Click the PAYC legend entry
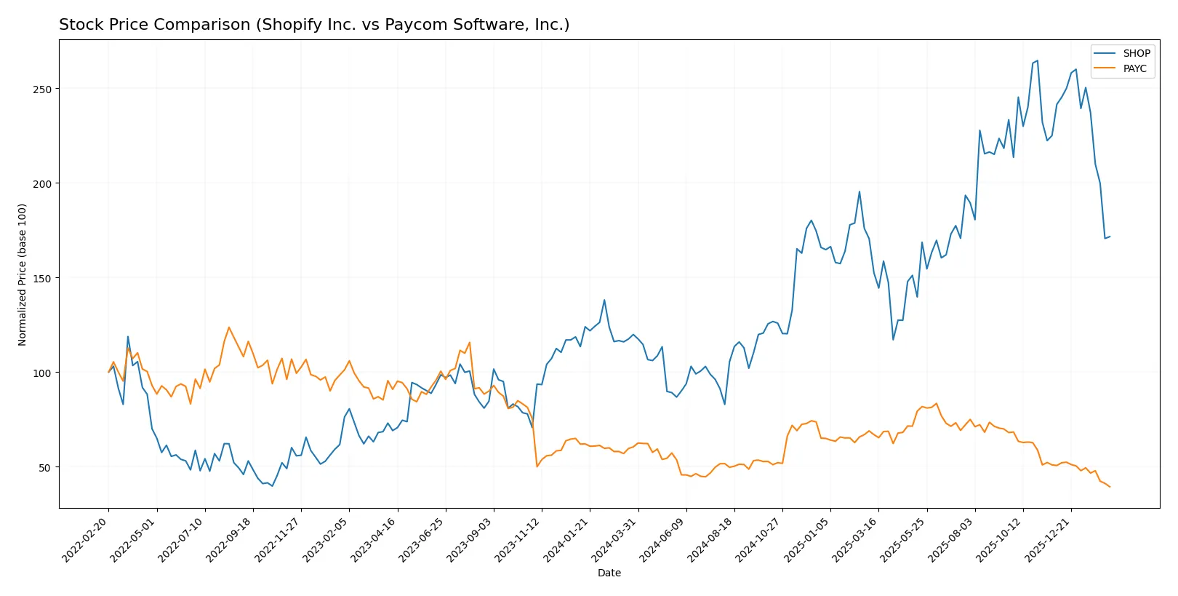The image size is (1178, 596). click(1134, 68)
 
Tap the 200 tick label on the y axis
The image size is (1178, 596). click(43, 183)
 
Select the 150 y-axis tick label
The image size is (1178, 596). click(43, 278)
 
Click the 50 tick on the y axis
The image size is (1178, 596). click(46, 467)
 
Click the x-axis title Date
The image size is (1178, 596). click(609, 573)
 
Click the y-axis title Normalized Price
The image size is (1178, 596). click(23, 274)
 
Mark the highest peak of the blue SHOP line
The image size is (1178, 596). click(1037, 60)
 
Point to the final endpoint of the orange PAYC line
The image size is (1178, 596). click(1110, 487)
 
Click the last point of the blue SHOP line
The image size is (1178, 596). click(1110, 237)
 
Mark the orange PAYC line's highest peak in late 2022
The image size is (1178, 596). click(229, 327)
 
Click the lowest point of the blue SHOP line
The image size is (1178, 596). click(273, 485)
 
